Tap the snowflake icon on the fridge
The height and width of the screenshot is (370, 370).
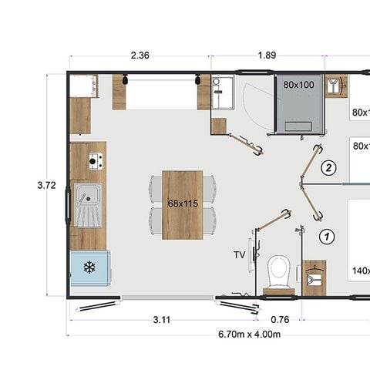tap(89, 268)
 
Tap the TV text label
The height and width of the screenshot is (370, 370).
tap(239, 254)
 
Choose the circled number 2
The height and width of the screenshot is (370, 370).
tap(328, 167)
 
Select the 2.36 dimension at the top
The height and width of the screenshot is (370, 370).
tap(140, 55)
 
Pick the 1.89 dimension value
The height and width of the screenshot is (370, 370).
tap(266, 55)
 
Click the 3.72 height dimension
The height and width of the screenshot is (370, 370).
tap(47, 185)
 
